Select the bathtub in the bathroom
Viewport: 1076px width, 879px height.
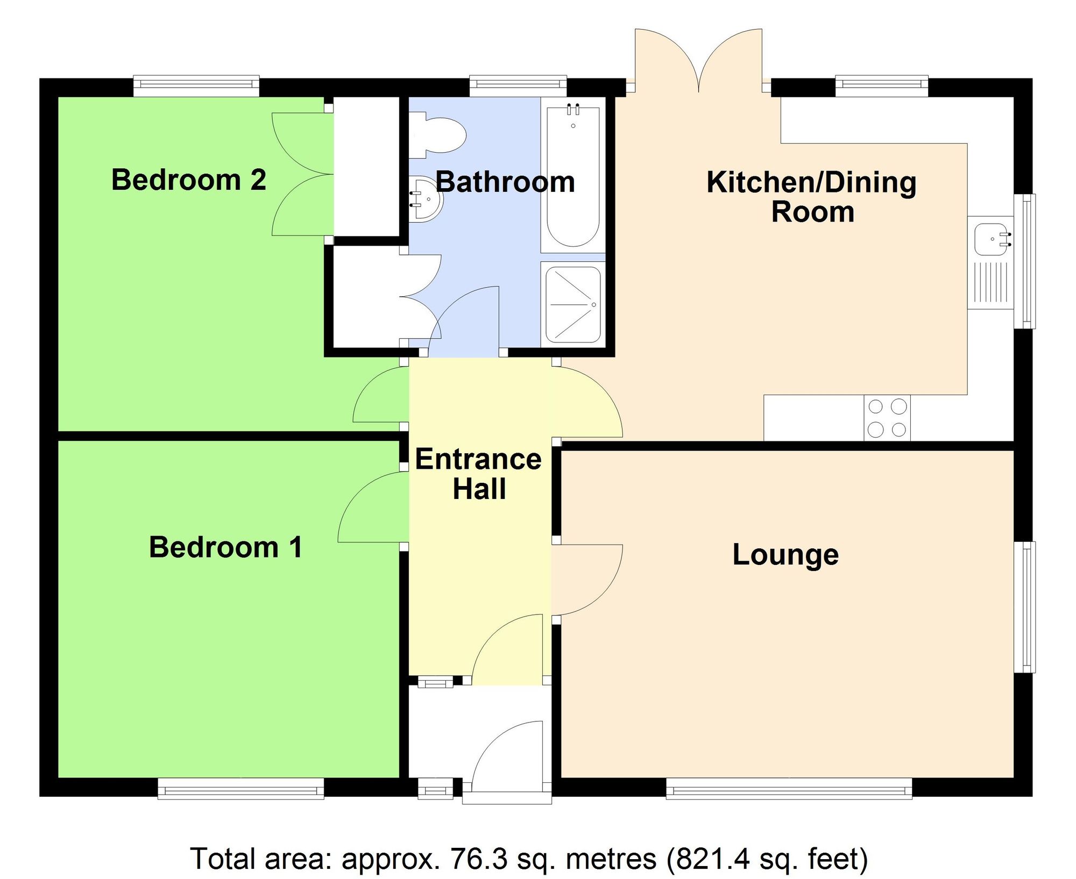(573, 175)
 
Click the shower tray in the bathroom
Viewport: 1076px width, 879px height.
(573, 304)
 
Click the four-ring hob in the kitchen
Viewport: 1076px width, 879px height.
(887, 418)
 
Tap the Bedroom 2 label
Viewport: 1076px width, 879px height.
(188, 180)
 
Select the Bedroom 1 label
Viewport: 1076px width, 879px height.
(225, 547)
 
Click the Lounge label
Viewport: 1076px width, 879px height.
(785, 555)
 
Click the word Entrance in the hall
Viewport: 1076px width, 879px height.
(478, 460)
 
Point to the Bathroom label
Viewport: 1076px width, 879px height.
(505, 182)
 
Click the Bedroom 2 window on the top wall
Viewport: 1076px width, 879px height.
(196, 85)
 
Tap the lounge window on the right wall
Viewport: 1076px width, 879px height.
(1025, 607)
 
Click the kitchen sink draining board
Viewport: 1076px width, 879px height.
(990, 282)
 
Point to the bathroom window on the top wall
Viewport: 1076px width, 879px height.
(518, 85)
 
